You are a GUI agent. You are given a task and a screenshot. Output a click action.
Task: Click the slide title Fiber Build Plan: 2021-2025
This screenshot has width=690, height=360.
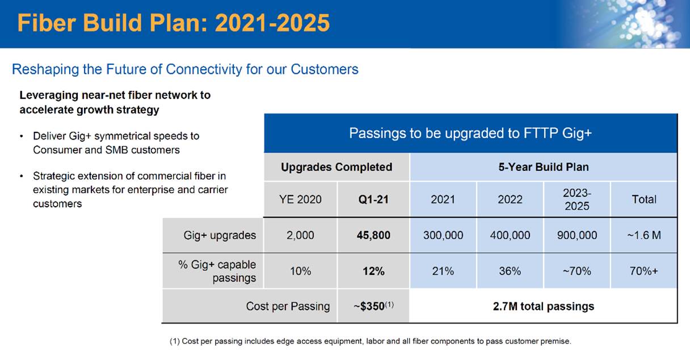click(x=174, y=23)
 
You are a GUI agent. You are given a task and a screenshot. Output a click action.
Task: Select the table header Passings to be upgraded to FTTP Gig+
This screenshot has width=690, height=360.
click(x=470, y=133)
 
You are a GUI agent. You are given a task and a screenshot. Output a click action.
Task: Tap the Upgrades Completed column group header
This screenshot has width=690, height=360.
click(x=336, y=167)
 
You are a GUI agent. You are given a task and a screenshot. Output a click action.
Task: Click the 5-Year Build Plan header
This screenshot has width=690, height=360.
click(x=543, y=167)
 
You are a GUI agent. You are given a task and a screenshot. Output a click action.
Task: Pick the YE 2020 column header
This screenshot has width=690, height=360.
click(x=301, y=199)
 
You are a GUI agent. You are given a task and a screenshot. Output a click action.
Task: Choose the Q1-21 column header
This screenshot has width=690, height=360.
click(x=373, y=199)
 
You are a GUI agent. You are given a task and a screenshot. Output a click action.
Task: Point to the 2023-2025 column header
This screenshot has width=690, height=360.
click(x=577, y=199)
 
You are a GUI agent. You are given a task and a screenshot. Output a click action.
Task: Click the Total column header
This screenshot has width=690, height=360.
click(x=643, y=199)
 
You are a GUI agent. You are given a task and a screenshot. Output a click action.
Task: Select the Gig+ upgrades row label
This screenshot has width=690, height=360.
click(x=220, y=235)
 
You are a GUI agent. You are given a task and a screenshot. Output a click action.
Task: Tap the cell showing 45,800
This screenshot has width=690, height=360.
click(x=373, y=235)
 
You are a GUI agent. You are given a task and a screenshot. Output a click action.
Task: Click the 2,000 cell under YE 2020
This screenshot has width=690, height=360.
click(x=301, y=235)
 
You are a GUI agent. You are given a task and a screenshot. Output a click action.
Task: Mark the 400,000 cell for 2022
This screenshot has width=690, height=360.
click(x=510, y=235)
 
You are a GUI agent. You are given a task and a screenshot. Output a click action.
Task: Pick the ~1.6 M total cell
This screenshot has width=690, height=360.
click(x=643, y=235)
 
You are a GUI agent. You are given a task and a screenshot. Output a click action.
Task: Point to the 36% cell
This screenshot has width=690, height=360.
click(x=510, y=271)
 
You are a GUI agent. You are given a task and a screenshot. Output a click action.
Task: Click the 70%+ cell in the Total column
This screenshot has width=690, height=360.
click(x=643, y=271)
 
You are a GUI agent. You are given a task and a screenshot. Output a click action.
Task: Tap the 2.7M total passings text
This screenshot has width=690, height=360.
click(x=543, y=307)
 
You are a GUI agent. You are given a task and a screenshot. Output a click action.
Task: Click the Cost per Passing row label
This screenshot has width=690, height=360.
click(x=288, y=307)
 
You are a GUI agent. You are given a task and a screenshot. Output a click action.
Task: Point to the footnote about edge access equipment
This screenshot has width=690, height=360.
click(x=370, y=341)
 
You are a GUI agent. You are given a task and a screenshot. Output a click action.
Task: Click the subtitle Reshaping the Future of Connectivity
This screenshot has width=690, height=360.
click(x=185, y=69)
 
